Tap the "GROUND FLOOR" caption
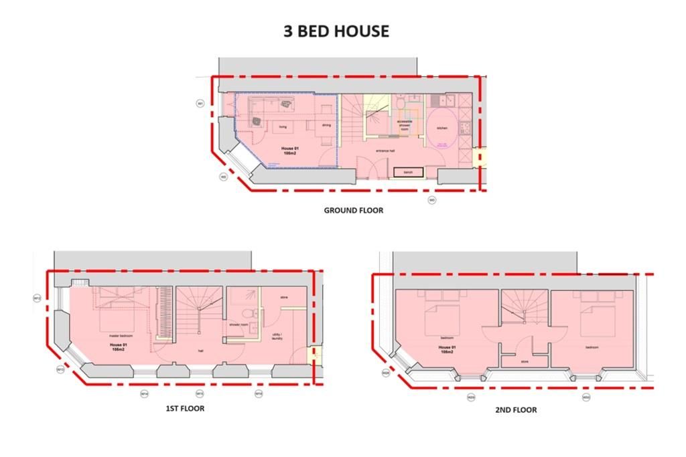point(354,210)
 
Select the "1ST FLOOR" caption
point(185,408)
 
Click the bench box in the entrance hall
point(408,173)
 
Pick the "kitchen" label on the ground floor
point(442,128)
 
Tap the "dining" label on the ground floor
point(326,125)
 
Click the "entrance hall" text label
point(385,151)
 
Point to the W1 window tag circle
point(200,103)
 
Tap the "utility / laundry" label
point(277,336)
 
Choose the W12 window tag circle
point(38,298)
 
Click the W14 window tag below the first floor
point(144,394)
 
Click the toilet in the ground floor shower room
point(399,103)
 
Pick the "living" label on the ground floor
point(283,125)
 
